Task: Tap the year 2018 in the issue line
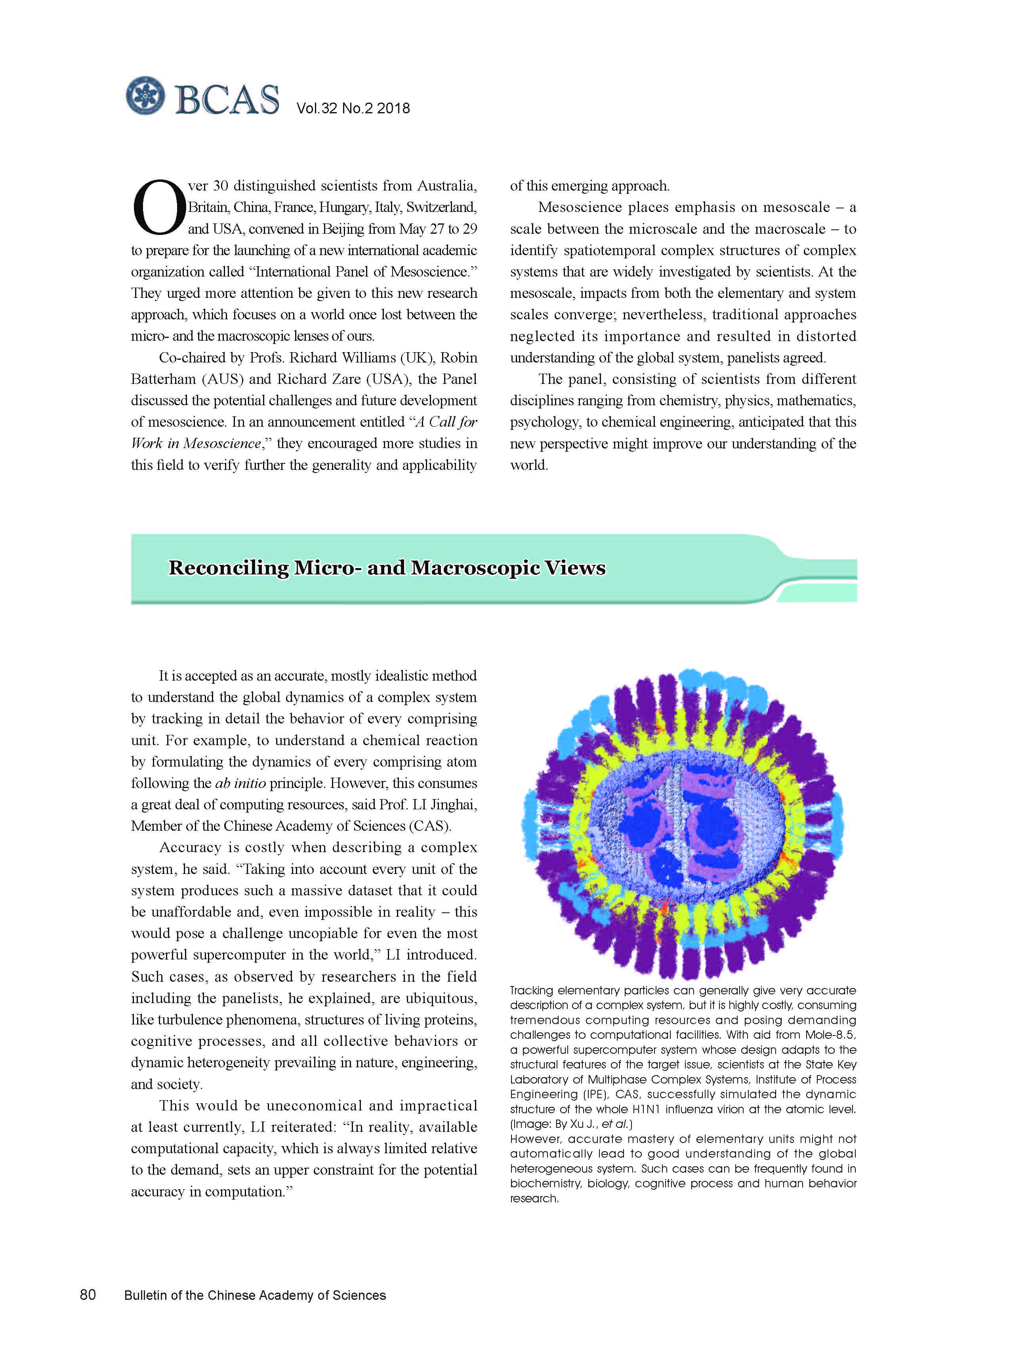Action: [x=393, y=108]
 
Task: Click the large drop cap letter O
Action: [x=158, y=208]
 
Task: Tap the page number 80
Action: [x=88, y=1295]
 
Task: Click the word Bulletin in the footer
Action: [x=145, y=1295]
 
